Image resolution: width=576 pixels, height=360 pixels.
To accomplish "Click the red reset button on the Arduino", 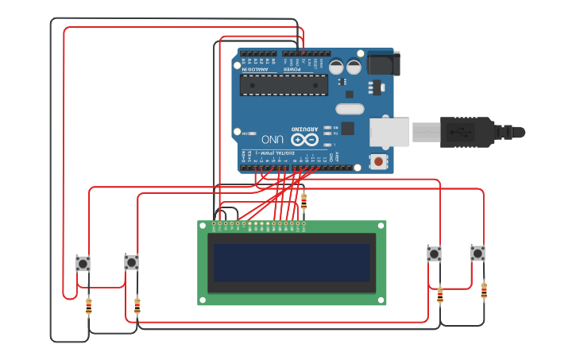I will click(x=379, y=162).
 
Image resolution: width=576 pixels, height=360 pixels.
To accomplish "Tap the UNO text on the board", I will click(x=272, y=138).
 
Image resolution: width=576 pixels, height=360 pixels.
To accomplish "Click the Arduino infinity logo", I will click(x=308, y=140).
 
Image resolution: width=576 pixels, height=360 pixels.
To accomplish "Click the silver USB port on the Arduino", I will click(x=389, y=132).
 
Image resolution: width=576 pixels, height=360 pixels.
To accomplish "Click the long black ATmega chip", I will click(x=284, y=85).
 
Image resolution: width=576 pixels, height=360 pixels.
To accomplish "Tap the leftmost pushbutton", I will click(x=83, y=263).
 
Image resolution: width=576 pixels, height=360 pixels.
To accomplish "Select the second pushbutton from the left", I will click(x=132, y=262).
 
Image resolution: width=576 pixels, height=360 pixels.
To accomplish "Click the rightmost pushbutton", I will click(x=477, y=253).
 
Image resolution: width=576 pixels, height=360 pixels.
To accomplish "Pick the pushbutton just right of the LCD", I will click(x=434, y=254).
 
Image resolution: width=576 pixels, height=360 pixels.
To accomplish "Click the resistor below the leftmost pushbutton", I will click(x=88, y=305).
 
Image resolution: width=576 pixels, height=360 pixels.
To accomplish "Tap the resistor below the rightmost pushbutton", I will click(x=484, y=291).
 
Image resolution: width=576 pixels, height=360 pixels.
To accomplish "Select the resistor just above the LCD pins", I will click(x=303, y=203).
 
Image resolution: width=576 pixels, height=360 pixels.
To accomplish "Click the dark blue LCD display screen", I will click(x=292, y=262).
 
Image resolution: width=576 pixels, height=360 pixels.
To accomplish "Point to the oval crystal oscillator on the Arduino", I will click(x=350, y=109).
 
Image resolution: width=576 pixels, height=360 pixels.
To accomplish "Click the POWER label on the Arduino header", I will click(x=292, y=69).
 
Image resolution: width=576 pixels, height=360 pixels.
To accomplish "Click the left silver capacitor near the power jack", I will click(x=336, y=67).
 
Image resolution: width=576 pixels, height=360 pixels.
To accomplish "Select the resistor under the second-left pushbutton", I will click(x=137, y=305).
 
